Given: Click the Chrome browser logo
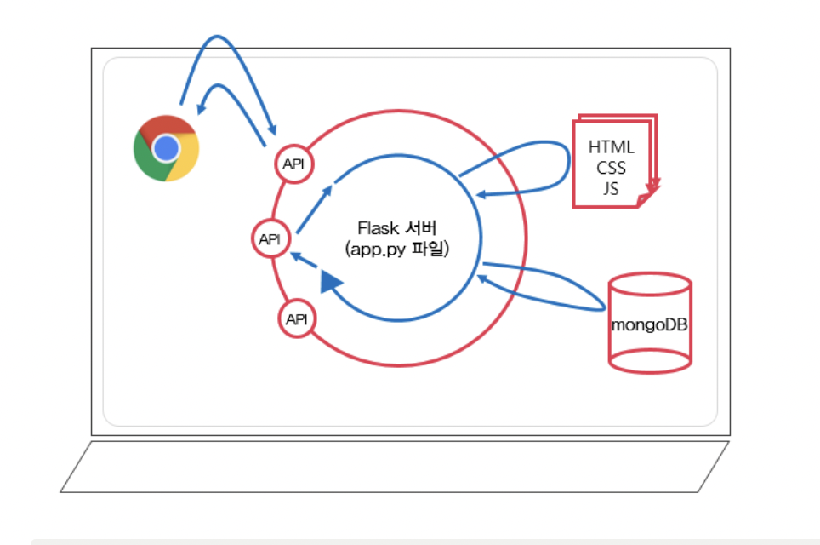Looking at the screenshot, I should point(166,148).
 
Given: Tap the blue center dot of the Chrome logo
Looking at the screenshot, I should point(166,149).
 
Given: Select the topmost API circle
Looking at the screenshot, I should point(293,164).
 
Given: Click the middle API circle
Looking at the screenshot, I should point(270,239).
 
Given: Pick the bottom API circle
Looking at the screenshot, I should point(297,319).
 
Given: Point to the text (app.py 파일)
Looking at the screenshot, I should point(396,251).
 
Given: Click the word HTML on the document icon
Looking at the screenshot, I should point(611,146).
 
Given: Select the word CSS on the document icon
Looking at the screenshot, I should point(611,167).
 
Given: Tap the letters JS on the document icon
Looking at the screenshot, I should point(611,188).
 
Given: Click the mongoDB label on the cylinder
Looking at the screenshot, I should point(649,324).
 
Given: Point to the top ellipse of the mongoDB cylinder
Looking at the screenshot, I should point(649,284).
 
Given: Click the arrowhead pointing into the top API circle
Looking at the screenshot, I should point(272,129).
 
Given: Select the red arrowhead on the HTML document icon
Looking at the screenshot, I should point(652,186).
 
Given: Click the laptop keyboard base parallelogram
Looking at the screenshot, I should point(394,466).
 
